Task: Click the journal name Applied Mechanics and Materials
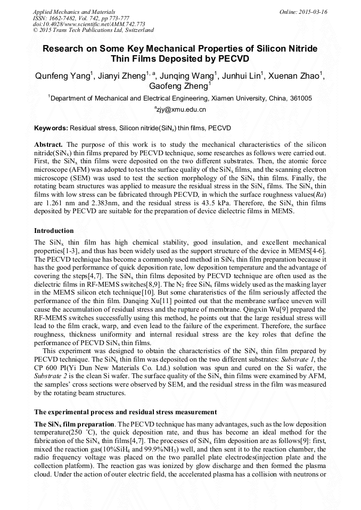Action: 67,12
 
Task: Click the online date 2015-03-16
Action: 312,12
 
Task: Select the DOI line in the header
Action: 89,24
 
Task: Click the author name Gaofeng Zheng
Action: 179,86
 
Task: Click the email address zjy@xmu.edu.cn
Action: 181,110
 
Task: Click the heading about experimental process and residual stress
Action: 125,412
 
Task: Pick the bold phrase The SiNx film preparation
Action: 73,424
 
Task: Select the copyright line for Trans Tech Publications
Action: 93,31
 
